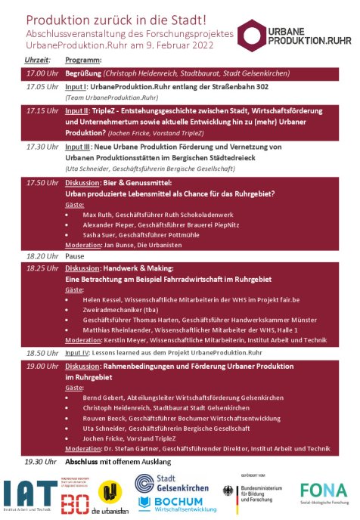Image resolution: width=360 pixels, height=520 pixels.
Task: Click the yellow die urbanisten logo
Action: [111, 494]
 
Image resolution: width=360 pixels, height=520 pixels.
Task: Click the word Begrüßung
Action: [83, 73]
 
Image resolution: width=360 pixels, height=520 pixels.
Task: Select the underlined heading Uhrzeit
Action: [37, 59]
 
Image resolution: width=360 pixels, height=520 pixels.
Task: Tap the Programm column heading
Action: [84, 59]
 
